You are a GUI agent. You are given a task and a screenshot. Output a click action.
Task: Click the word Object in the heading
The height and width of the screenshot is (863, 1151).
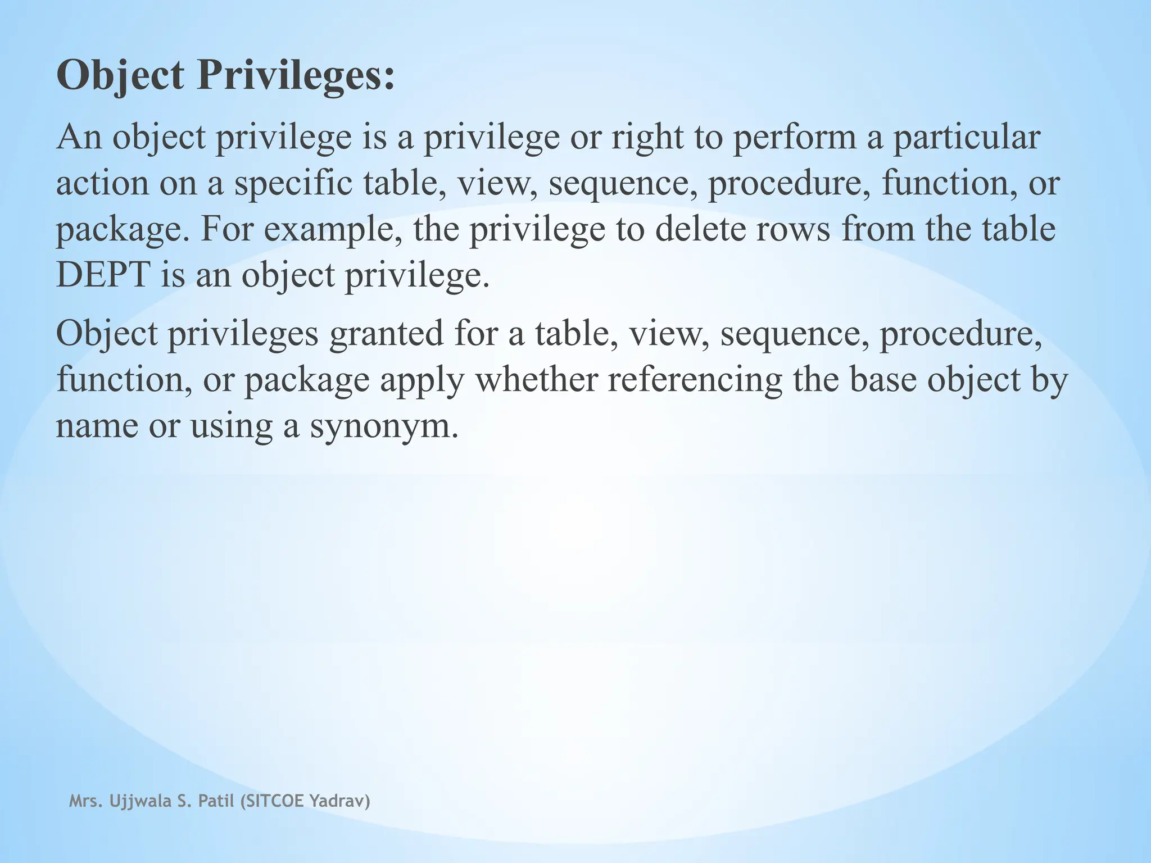pos(120,76)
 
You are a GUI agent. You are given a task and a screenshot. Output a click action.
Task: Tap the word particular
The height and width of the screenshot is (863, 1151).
pos(966,138)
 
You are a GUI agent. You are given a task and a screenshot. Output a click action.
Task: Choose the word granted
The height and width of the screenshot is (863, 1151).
pos(386,333)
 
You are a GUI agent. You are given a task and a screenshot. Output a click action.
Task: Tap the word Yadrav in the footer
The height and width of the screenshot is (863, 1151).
pos(339,801)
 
